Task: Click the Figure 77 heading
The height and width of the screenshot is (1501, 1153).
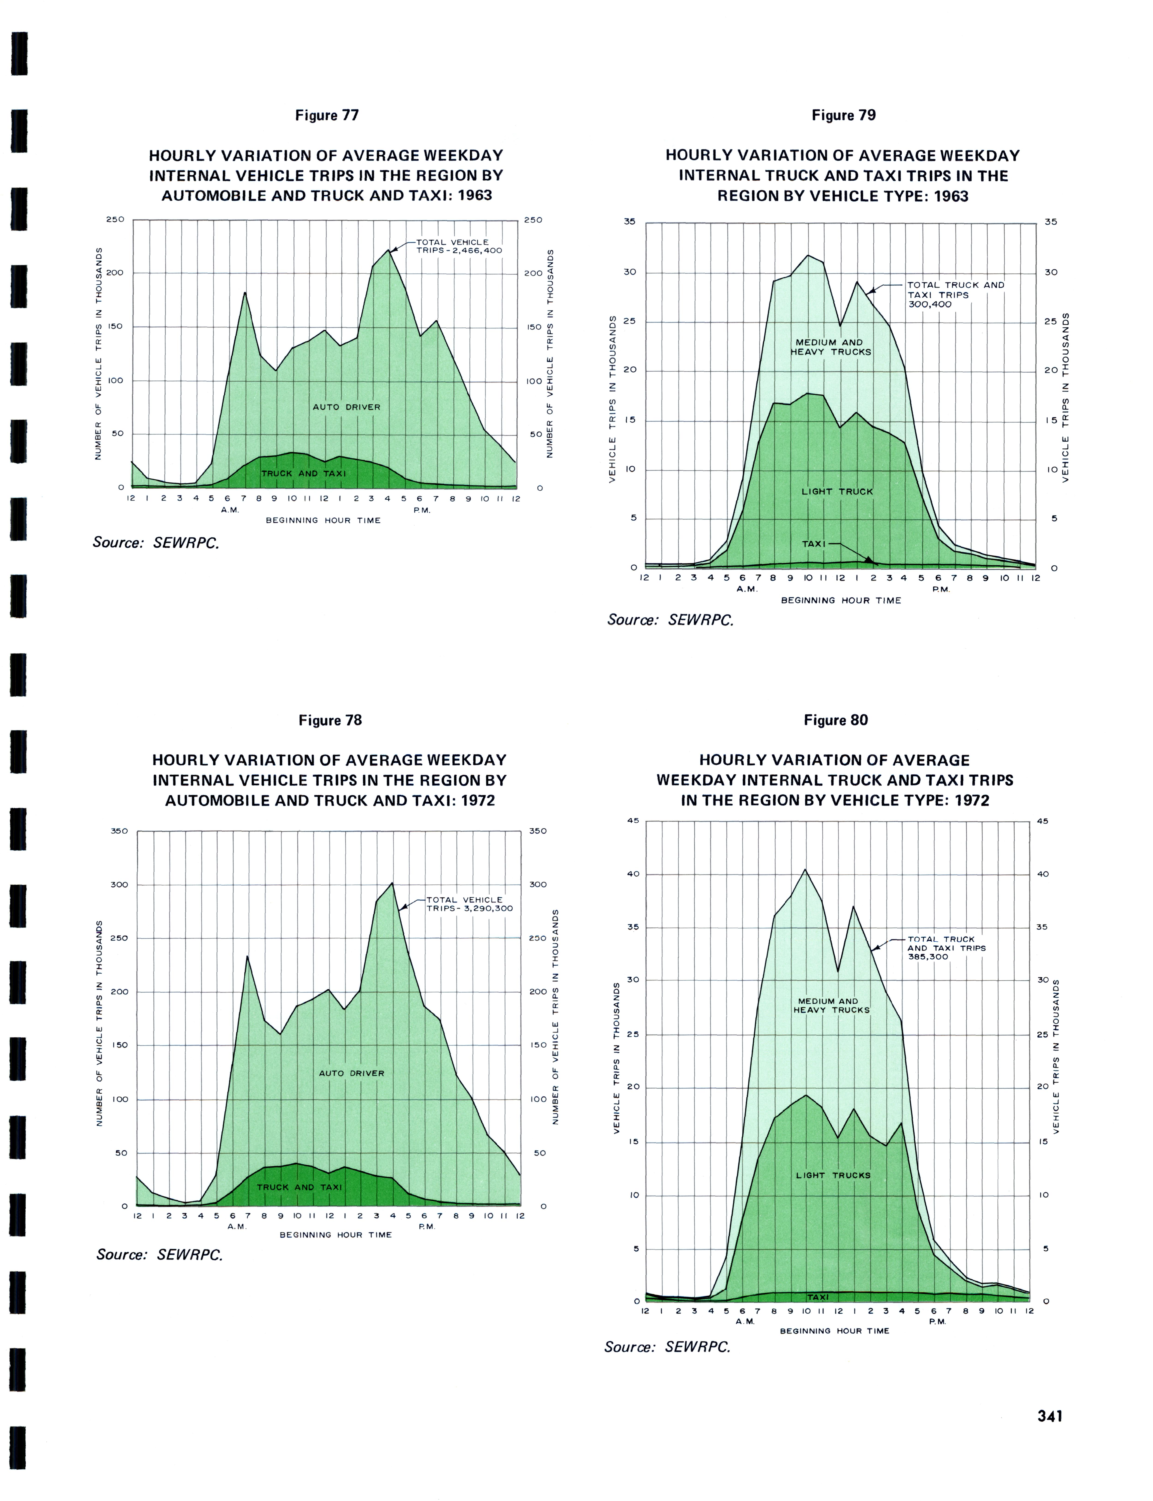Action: (x=327, y=115)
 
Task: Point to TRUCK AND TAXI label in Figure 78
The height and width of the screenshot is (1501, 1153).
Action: (x=299, y=1187)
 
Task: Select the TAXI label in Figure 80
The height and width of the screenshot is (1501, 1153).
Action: (x=817, y=1297)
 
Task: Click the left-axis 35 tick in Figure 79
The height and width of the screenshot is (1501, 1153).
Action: (x=629, y=222)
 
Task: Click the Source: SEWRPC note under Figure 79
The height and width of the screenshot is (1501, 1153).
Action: (x=670, y=620)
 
